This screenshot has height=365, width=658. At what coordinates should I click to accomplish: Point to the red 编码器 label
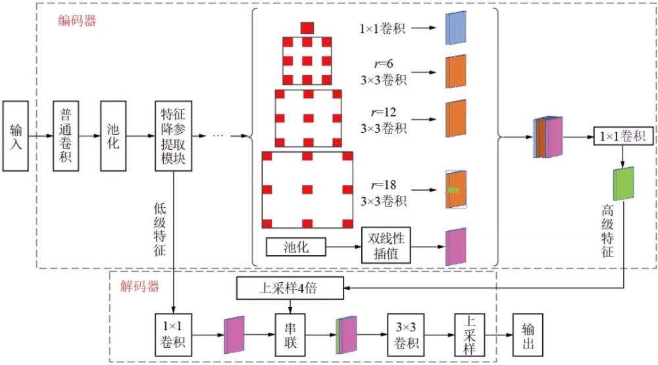coord(78,20)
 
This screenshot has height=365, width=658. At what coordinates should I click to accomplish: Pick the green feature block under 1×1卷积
coord(623,184)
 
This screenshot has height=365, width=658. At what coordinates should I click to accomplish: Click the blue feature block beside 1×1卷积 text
coord(455,28)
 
